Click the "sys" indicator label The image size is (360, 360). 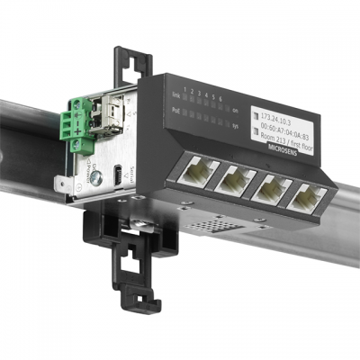tap(234, 127)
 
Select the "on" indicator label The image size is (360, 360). tap(234, 111)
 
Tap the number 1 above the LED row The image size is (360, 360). tap(185, 86)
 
